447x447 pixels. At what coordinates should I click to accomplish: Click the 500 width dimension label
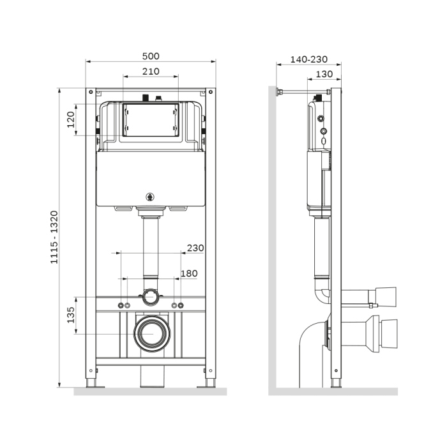pyautogui.click(x=151, y=56)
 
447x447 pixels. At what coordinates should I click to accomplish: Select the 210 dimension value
pyautogui.click(x=151, y=72)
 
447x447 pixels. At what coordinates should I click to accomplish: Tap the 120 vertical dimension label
pyautogui.click(x=70, y=120)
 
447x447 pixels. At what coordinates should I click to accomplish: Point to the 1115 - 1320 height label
pyautogui.click(x=54, y=237)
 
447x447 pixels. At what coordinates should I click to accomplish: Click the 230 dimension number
pyautogui.click(x=195, y=248)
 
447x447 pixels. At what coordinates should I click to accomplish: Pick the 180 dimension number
pyautogui.click(x=189, y=273)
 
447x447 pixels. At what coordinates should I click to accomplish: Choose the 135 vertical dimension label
pyautogui.click(x=70, y=315)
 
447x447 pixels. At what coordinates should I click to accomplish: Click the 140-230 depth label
pyautogui.click(x=308, y=59)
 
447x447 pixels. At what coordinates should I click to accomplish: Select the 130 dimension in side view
pyautogui.click(x=324, y=74)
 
